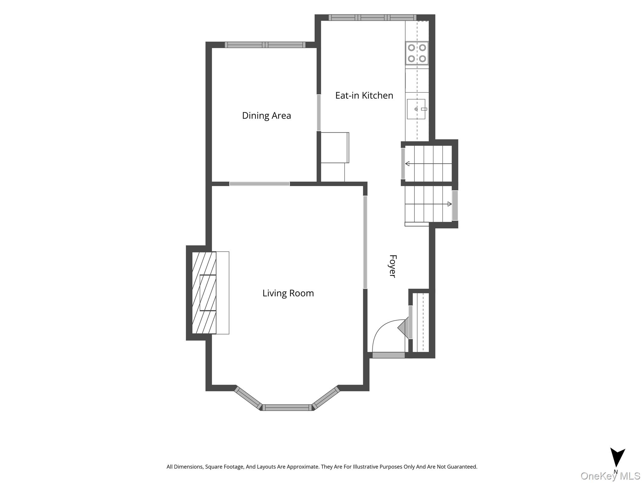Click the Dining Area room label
point(266,116)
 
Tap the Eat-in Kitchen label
point(364,95)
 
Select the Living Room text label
point(288,293)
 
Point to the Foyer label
point(392,266)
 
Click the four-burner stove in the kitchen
point(417,53)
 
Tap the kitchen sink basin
point(416,109)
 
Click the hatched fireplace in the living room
point(204,292)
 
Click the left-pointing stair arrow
point(428,164)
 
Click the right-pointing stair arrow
point(428,204)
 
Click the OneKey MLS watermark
point(610,476)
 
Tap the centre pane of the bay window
point(287,408)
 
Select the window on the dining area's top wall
point(265,45)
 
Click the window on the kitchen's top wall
point(373,18)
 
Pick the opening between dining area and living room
point(259,184)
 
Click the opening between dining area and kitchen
point(319,113)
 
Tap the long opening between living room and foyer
point(365,242)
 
